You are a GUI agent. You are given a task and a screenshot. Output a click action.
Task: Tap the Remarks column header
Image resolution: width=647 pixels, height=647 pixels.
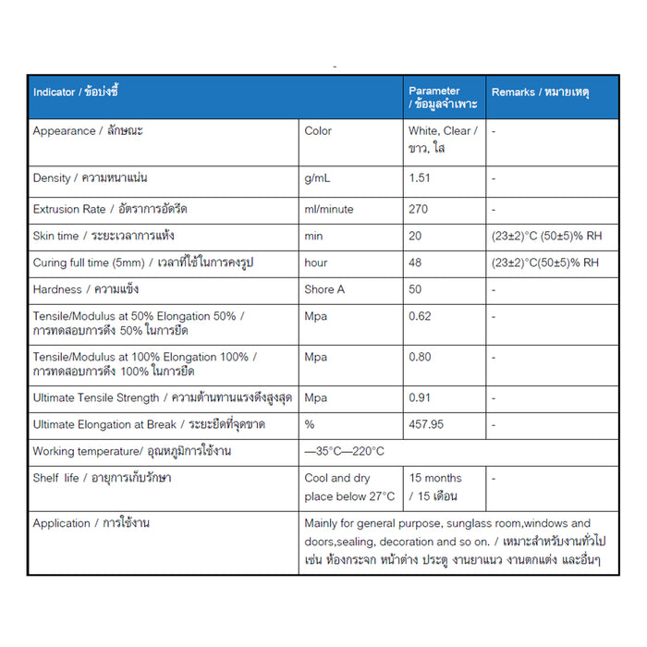click(541, 92)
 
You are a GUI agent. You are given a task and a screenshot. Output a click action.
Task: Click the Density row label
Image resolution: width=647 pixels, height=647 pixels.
click(91, 177)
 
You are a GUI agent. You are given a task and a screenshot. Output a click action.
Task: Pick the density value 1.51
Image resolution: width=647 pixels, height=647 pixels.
click(420, 177)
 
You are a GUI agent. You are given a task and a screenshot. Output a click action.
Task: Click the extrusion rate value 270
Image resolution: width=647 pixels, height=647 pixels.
click(419, 209)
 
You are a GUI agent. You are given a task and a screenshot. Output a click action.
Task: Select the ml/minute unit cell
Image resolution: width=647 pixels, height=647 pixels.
click(329, 209)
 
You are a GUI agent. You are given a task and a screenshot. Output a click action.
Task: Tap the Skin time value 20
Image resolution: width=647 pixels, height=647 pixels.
click(415, 237)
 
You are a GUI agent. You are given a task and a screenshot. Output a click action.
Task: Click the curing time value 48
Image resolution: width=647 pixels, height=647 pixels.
click(415, 262)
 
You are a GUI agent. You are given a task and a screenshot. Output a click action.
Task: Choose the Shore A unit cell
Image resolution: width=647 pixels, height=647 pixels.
click(324, 289)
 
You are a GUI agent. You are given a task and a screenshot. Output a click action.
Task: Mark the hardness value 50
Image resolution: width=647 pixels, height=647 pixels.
click(415, 289)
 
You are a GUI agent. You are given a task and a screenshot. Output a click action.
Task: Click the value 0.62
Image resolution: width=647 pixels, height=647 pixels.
click(420, 316)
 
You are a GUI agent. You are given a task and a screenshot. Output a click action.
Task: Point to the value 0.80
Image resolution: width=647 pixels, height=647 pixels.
click(420, 357)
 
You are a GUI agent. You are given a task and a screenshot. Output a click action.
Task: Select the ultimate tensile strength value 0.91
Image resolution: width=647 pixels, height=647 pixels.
click(420, 398)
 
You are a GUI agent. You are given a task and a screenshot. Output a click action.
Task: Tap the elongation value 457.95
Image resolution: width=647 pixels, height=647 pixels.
click(426, 425)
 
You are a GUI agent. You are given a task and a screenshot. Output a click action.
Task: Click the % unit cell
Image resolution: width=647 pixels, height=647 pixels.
click(310, 425)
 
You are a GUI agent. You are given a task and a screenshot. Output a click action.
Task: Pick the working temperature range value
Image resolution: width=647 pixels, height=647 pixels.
click(344, 451)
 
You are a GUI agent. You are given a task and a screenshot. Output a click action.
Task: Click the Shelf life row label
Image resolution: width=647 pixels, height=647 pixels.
click(102, 478)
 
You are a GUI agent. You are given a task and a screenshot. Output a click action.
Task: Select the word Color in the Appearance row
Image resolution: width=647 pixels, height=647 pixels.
click(318, 131)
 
